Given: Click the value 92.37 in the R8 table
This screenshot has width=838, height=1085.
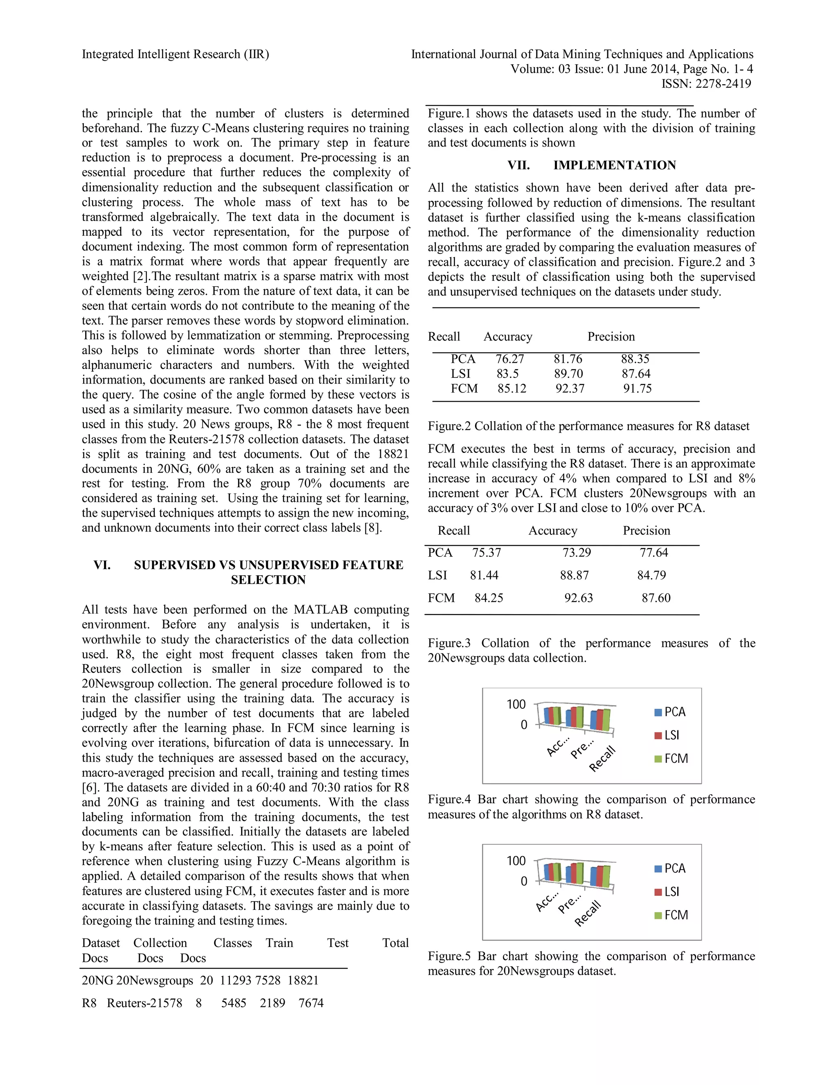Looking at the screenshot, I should (x=570, y=389).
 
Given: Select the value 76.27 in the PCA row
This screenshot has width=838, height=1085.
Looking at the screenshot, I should (x=509, y=359).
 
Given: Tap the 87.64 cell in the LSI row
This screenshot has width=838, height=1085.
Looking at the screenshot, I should (x=636, y=373).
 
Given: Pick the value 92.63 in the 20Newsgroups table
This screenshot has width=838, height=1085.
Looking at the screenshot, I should (x=578, y=598).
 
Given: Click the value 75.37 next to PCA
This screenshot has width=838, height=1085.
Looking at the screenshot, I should (x=487, y=552).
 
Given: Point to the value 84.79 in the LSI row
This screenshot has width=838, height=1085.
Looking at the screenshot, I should (x=651, y=575).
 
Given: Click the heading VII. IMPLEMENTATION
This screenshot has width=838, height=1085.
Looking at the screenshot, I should (x=591, y=165).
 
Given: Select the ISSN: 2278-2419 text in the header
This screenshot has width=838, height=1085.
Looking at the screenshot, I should (x=706, y=84).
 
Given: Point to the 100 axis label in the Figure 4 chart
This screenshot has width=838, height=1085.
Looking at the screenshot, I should (x=516, y=705).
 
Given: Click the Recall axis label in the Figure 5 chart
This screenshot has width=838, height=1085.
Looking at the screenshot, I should (x=588, y=913).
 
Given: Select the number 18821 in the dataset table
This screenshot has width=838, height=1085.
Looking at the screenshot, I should (x=303, y=980).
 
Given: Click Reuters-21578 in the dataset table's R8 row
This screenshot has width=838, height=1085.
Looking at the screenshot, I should (x=144, y=1003).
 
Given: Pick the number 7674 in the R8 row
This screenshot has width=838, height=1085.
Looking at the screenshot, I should (x=311, y=1003).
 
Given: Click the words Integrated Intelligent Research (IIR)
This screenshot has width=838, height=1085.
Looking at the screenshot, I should (x=175, y=54).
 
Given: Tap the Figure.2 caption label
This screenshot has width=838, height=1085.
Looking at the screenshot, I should (x=449, y=426).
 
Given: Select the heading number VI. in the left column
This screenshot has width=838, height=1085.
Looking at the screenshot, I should (x=102, y=565).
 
